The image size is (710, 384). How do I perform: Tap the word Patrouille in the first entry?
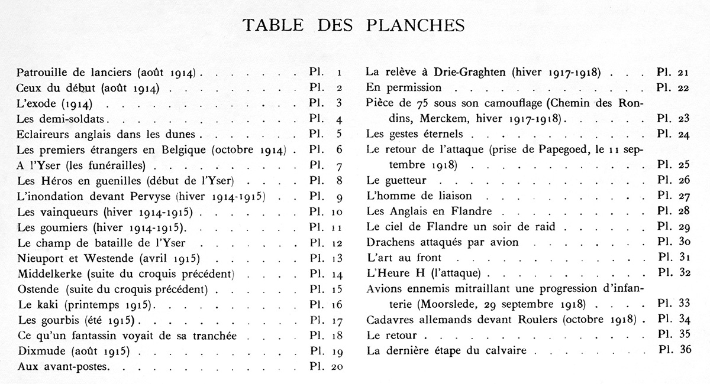click(41, 74)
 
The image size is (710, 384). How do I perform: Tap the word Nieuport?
click(40, 258)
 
